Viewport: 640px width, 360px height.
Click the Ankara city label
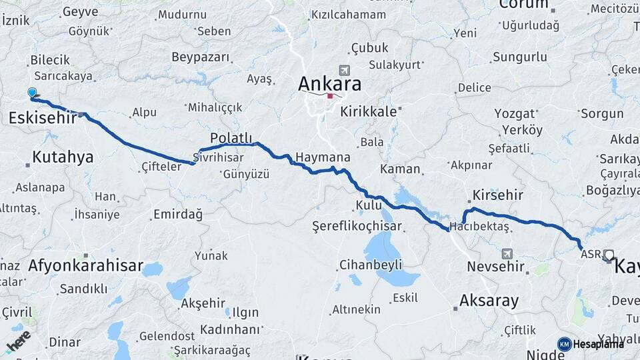click(330, 84)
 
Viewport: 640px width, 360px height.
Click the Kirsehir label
click(497, 195)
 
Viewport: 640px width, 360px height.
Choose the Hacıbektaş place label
click(479, 227)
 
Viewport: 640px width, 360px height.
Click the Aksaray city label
click(489, 300)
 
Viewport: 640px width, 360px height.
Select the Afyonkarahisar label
click(85, 266)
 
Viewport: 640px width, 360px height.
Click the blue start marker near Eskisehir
click(32, 93)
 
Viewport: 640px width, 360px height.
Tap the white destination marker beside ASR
click(609, 255)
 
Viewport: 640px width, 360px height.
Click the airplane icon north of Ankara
click(344, 70)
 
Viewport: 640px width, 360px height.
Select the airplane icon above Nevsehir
click(508, 253)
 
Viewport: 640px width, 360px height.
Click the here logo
click(18, 341)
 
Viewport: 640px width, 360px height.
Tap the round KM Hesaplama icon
click(565, 344)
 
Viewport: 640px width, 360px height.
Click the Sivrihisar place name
click(215, 158)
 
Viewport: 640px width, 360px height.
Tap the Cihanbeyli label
click(371, 265)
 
